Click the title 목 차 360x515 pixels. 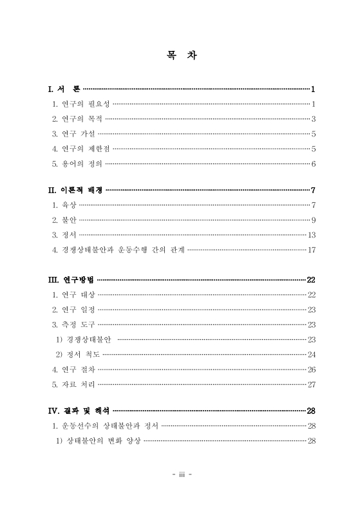[180, 56]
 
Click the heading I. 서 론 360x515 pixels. [64, 89]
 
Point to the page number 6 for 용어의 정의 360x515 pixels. [313, 164]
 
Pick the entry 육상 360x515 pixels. [64, 205]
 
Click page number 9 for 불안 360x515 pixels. [313, 221]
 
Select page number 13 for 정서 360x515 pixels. [311, 235]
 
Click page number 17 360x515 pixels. [311, 250]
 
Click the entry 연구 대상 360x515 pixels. [73, 295]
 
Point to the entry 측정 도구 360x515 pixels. [73, 324]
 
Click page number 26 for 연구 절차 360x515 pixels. [311, 370]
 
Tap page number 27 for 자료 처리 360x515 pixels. [311, 384]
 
